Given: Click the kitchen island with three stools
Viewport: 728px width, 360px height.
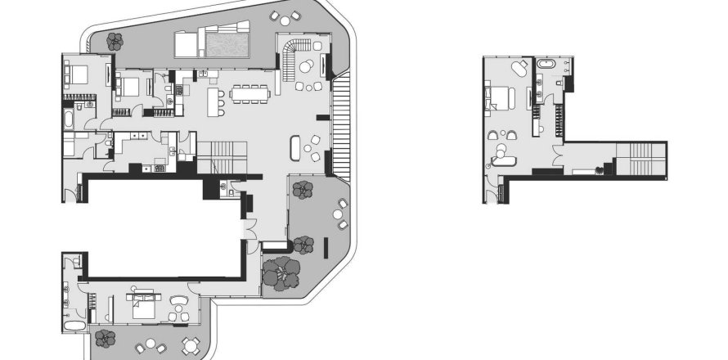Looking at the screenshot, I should point(214,101).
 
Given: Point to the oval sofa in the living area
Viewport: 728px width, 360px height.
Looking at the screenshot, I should point(297,148).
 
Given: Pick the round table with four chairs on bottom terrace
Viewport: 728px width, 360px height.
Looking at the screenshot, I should point(190,344).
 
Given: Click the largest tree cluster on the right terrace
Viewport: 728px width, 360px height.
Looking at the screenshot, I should point(280,273).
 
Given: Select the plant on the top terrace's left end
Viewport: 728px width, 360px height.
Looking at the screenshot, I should point(115,39).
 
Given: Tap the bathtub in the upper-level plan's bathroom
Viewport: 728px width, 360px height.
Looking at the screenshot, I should point(546,64).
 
